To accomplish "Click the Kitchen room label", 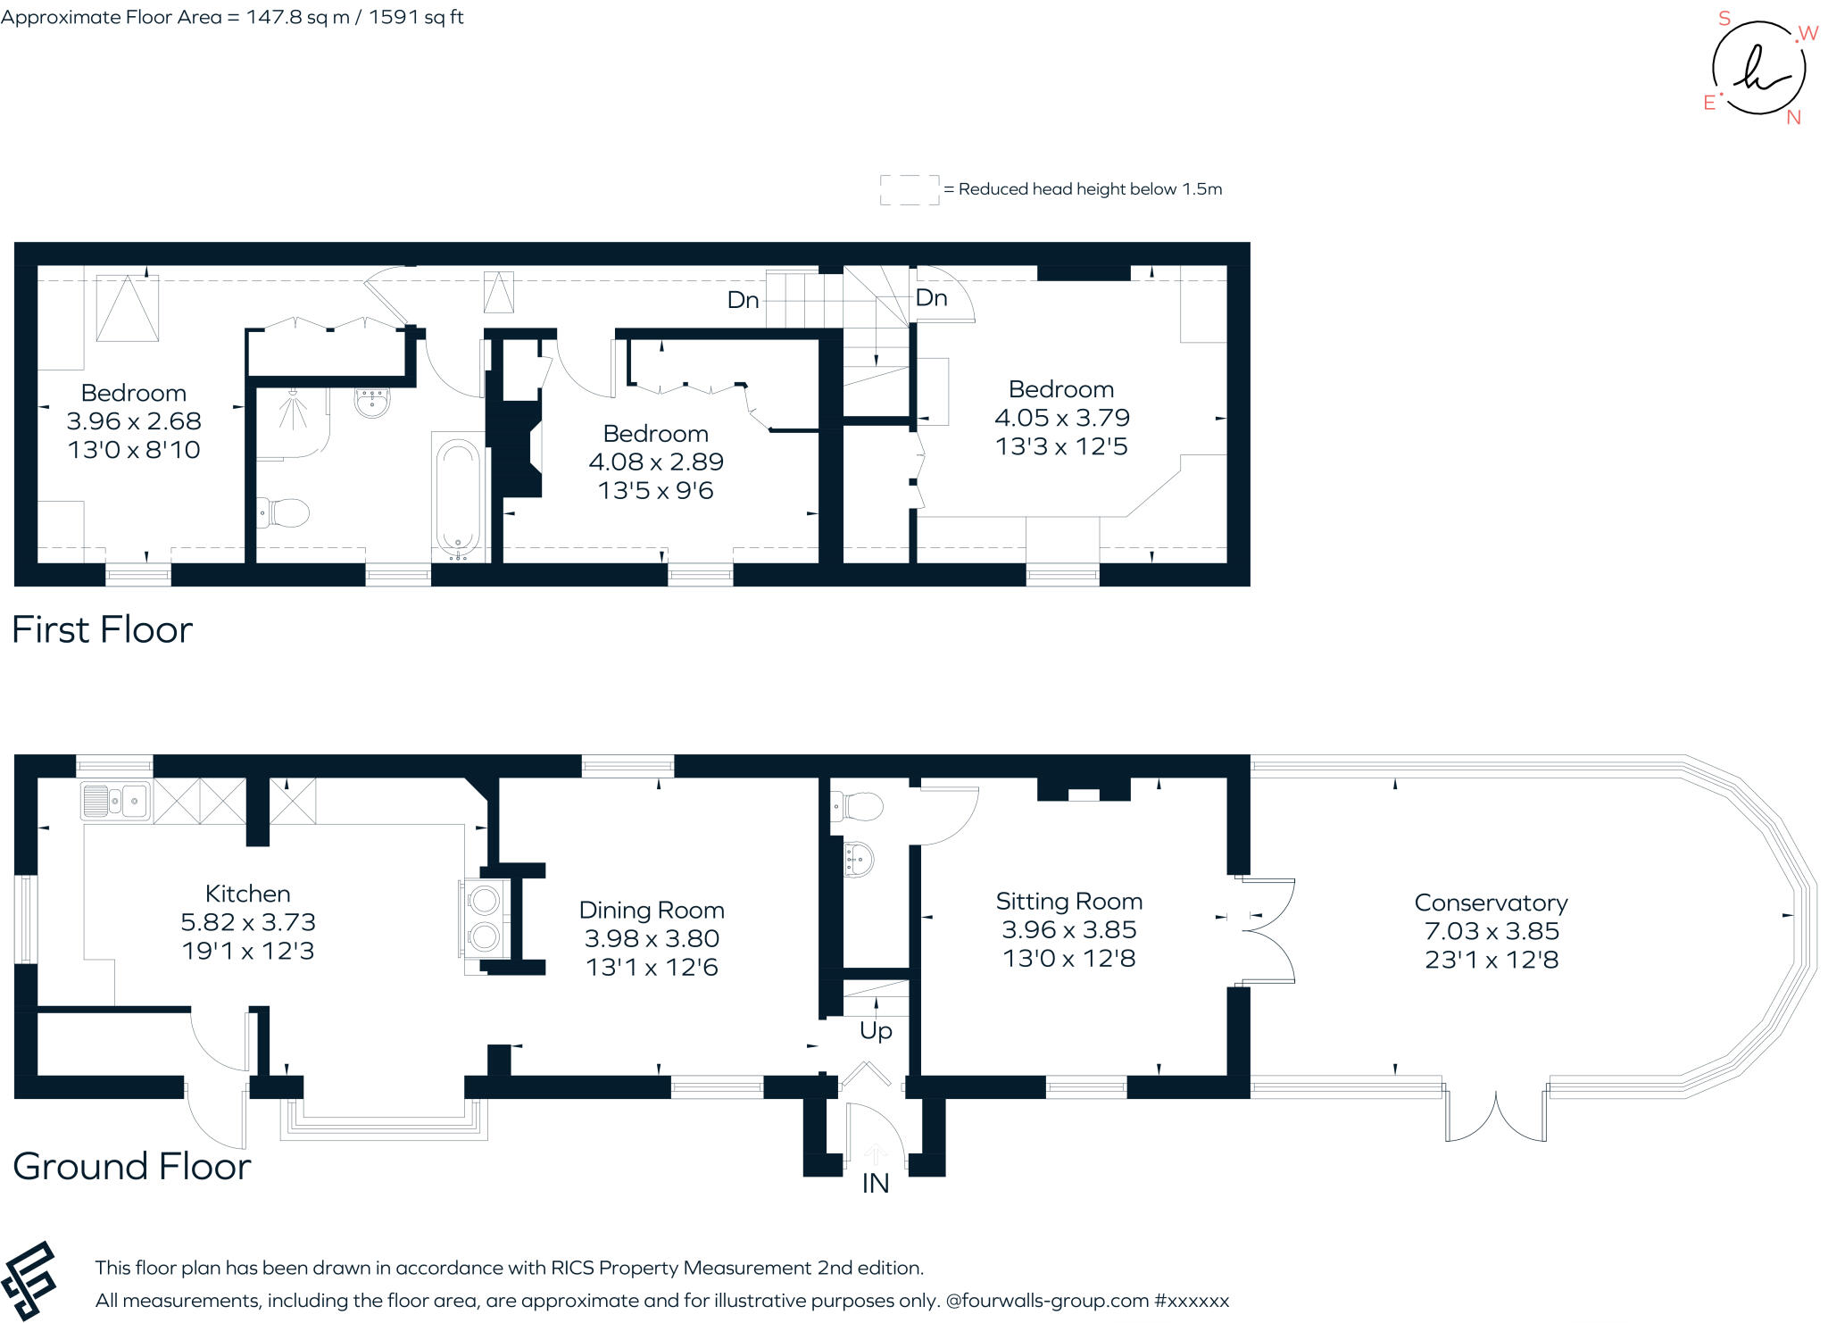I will pos(247,894).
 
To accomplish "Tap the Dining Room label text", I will pos(652,910).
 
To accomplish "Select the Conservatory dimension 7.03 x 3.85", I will pos(1491,931).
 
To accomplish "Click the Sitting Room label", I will pos(1068,901).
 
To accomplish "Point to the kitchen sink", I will pos(115,801).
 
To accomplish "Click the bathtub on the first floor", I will pos(458,496).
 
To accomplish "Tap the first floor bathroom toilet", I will pos(284,513).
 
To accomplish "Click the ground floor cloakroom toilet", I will pos(859,807).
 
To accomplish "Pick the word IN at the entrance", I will pos(875,1184).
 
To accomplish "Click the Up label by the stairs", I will pos(876,1031).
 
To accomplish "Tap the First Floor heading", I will pos(102,630).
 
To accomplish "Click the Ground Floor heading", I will pos(132,1167).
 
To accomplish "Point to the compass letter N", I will pos(1793,118).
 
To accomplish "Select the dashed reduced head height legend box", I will pos(909,189).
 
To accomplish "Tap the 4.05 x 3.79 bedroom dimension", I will pos(1061,418).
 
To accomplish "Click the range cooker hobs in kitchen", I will pos(485,919).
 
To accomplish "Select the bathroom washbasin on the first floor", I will pos(371,403).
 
